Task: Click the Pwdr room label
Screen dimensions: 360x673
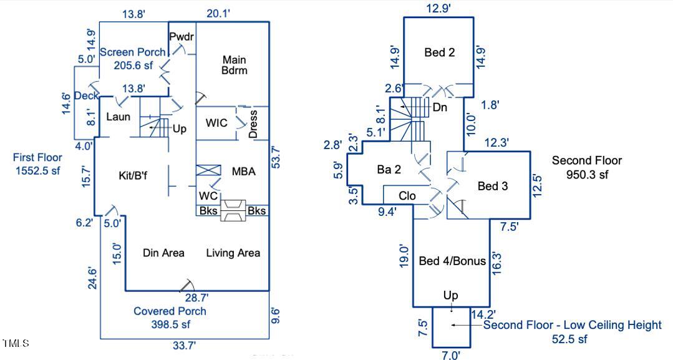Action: click(x=182, y=37)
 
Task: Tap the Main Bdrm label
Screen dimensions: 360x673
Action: click(x=235, y=65)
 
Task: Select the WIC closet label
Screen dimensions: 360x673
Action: click(x=216, y=123)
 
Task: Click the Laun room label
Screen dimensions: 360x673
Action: click(x=117, y=117)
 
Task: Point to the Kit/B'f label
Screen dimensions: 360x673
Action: click(x=133, y=175)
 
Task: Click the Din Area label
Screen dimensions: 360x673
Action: click(x=163, y=253)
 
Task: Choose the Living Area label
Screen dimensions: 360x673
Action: click(x=233, y=253)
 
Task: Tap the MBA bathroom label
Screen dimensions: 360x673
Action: click(x=244, y=172)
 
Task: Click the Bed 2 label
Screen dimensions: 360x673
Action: click(x=439, y=52)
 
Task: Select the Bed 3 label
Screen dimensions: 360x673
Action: click(x=493, y=186)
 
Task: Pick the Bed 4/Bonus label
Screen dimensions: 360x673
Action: click(x=452, y=261)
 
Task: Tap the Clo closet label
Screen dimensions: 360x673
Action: click(x=407, y=196)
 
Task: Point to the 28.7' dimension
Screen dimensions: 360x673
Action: click(x=196, y=298)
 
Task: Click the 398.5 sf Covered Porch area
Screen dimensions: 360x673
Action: click(x=170, y=324)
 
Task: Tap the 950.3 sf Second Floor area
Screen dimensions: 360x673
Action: click(x=586, y=175)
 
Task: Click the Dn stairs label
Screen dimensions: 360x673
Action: click(x=440, y=107)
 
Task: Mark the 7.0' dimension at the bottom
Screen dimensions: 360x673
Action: click(x=450, y=355)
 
